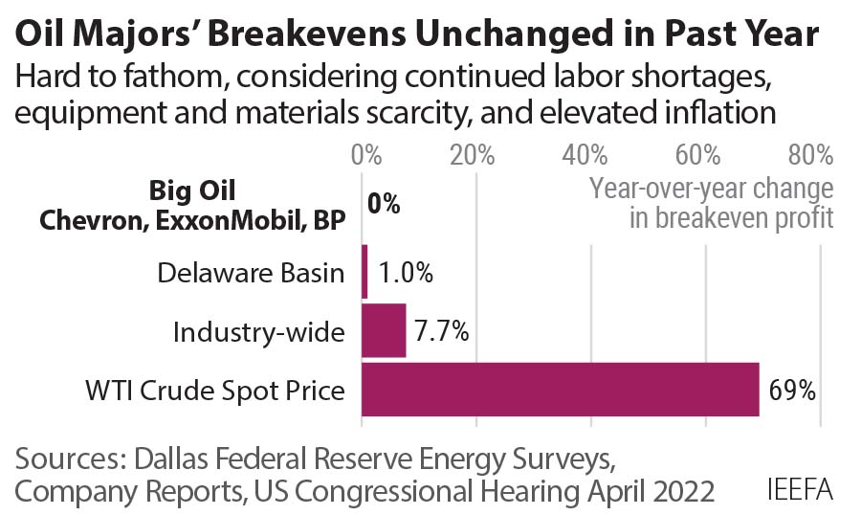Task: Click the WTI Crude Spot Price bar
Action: tap(561, 390)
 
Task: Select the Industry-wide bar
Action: tap(384, 330)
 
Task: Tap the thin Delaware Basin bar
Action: tap(364, 272)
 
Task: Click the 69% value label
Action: tap(792, 391)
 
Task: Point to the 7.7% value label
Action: tap(441, 331)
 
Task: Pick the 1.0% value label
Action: tap(406, 273)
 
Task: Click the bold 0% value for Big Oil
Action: tap(384, 204)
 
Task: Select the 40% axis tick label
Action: tap(586, 155)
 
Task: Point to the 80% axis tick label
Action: tap(810, 155)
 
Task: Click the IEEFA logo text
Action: tap(800, 489)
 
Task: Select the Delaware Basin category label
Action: tap(251, 274)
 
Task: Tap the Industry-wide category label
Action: tap(258, 332)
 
